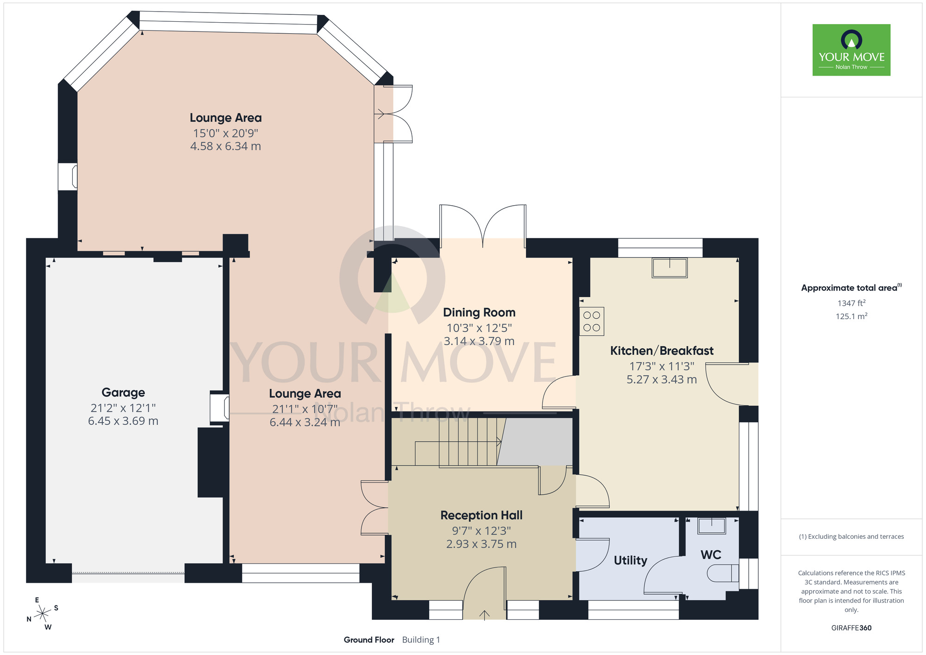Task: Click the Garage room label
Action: click(123, 393)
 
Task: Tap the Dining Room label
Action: click(479, 313)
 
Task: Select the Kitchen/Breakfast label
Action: click(662, 351)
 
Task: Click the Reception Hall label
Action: click(482, 515)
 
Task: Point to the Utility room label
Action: click(631, 561)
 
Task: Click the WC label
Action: click(711, 555)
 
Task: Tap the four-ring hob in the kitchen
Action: click(592, 321)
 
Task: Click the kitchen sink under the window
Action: click(669, 268)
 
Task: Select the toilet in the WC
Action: click(723, 573)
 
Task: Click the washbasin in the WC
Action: click(712, 526)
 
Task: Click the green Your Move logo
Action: click(851, 50)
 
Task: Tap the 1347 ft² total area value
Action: click(851, 303)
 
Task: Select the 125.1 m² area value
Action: click(851, 316)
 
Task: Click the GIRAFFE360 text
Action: click(851, 628)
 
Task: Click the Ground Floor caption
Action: click(369, 640)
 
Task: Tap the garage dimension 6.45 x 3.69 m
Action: click(123, 421)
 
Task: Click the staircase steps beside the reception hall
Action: click(468, 442)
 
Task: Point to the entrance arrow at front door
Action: click(484, 615)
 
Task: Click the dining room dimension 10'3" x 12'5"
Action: click(479, 328)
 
